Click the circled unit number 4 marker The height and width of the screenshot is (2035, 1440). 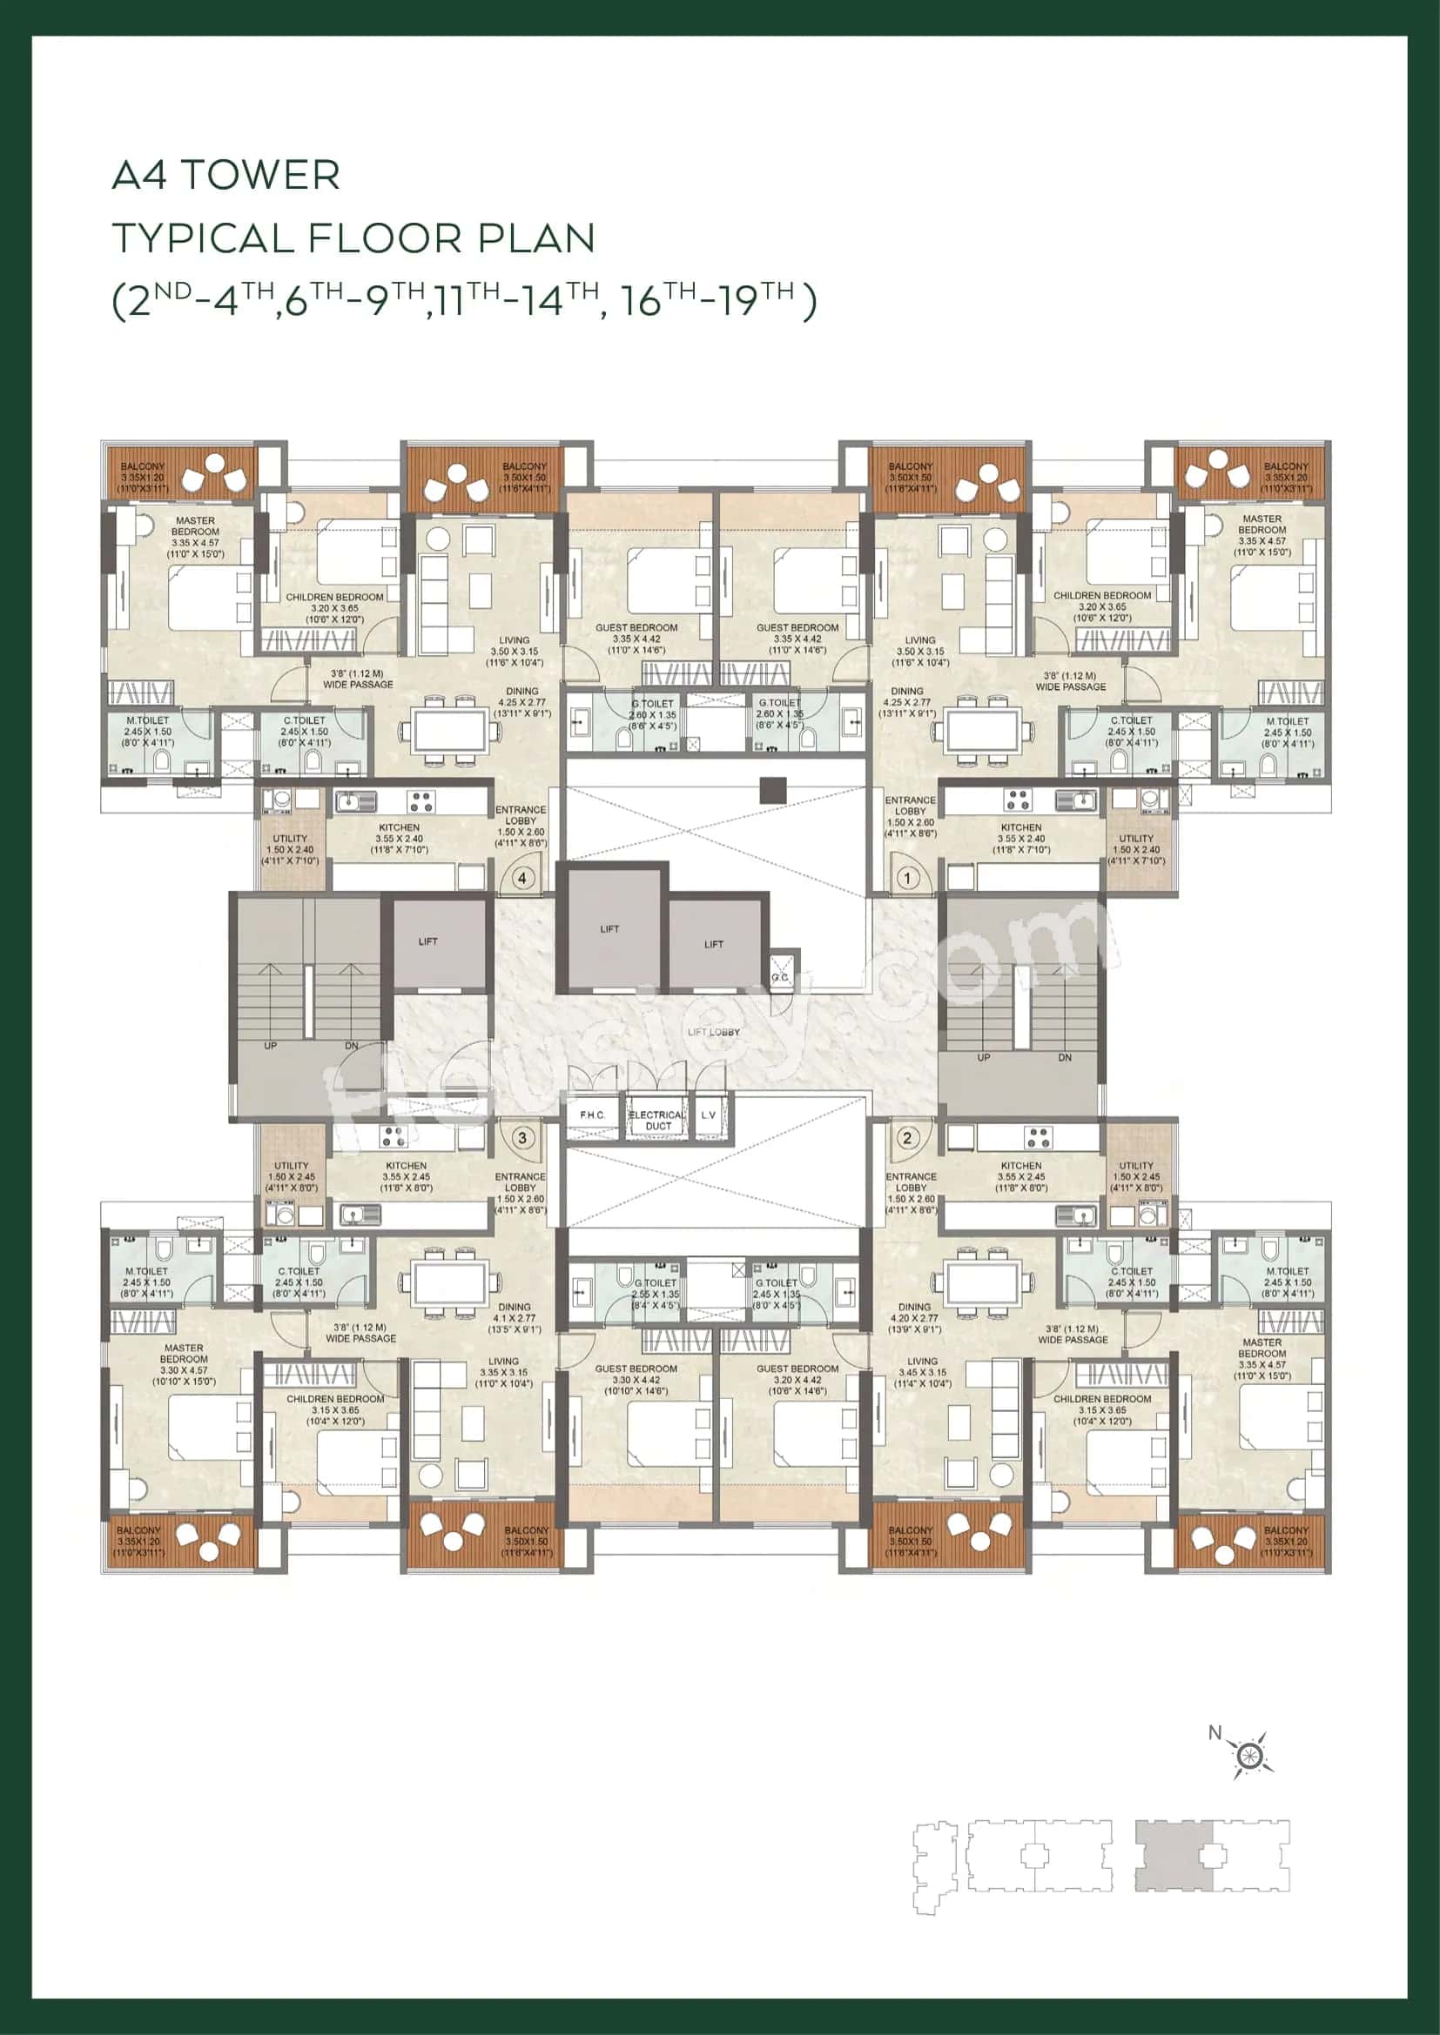click(x=522, y=879)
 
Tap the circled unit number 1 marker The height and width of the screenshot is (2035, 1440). click(x=907, y=879)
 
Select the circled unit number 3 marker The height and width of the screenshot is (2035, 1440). click(x=522, y=1137)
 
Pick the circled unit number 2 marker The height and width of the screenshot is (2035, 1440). click(x=907, y=1137)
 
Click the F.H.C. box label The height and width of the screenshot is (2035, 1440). click(x=592, y=1115)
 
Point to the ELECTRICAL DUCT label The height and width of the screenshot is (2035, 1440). click(x=657, y=1121)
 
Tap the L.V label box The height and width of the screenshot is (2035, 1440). click(x=709, y=1115)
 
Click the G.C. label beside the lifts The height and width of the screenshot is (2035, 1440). click(x=779, y=977)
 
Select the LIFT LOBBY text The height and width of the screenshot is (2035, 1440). click(x=713, y=1032)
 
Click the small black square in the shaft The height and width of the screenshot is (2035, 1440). click(x=772, y=790)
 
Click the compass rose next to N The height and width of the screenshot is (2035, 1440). click(x=1248, y=1754)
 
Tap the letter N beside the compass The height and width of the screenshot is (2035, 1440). click(x=1215, y=1732)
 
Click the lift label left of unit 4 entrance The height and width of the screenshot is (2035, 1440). click(x=427, y=941)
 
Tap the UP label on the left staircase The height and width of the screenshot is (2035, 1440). click(x=271, y=1046)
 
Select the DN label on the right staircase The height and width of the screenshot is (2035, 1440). click(x=1064, y=1057)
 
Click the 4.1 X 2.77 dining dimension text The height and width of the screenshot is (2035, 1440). click(x=515, y=1318)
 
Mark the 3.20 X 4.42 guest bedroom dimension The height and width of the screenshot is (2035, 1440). click(x=797, y=1380)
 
